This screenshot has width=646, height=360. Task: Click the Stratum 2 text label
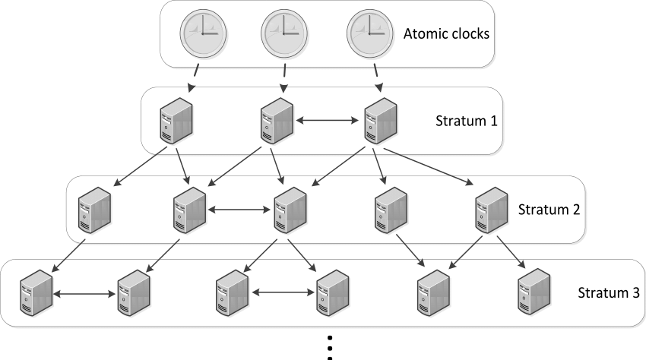pyautogui.click(x=549, y=209)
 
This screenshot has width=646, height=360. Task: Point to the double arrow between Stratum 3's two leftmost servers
pyautogui.click(x=85, y=292)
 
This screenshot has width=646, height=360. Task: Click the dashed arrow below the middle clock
pyautogui.click(x=284, y=75)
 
